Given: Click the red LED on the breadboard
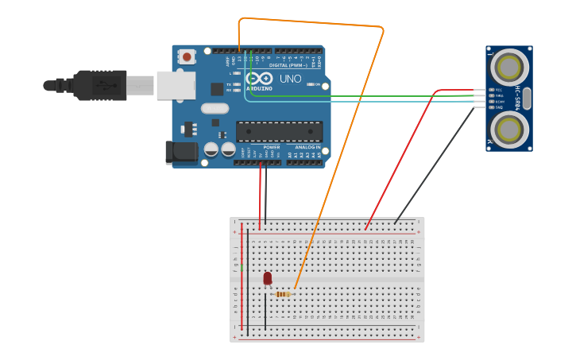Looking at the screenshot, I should click(x=268, y=278).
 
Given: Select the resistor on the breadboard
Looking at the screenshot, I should click(x=283, y=294).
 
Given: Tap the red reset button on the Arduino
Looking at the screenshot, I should click(x=187, y=56).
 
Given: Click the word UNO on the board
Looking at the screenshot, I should click(x=291, y=79).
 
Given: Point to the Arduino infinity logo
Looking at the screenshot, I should click(x=259, y=78).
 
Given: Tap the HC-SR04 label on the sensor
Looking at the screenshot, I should click(x=518, y=98).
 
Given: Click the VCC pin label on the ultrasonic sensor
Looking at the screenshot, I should click(x=499, y=90).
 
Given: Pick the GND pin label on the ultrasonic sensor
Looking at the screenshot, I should click(x=499, y=106).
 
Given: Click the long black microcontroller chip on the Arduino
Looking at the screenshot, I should click(x=280, y=132).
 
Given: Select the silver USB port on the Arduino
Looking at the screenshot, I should click(x=176, y=85).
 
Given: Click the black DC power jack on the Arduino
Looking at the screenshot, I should click(x=180, y=153).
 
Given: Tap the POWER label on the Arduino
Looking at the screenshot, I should click(x=271, y=147).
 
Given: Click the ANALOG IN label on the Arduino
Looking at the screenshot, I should click(x=307, y=147).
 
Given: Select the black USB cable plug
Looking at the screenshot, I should click(x=99, y=85).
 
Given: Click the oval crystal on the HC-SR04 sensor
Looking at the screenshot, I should click(x=526, y=98).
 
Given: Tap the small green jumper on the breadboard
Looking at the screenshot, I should click(x=242, y=268).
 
